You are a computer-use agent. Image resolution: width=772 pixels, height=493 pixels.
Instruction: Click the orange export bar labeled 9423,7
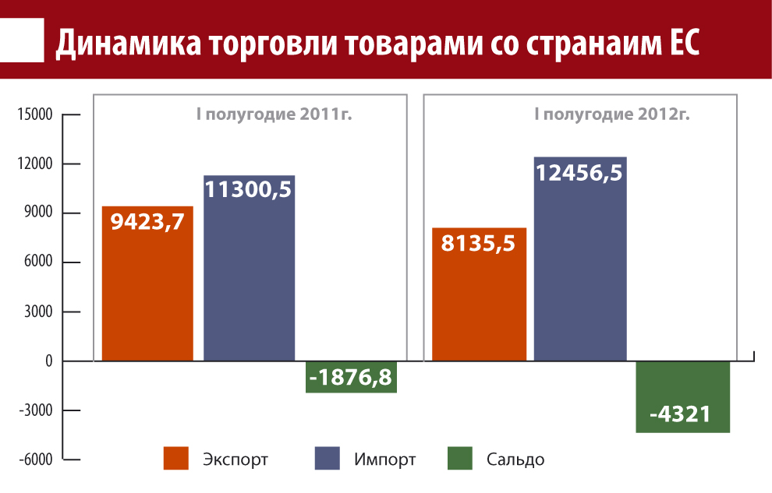(147, 284)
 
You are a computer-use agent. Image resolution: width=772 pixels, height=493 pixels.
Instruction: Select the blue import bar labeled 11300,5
(249, 269)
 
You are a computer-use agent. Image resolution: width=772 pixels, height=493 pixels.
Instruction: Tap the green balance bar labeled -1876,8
(352, 377)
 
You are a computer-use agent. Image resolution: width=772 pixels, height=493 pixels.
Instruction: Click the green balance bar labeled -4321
(682, 397)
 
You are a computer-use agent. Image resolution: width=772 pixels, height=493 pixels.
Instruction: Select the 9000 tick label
(37, 213)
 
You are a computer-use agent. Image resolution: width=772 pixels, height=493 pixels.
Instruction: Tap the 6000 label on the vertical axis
(37, 262)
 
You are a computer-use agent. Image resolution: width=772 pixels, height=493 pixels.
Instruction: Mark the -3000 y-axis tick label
(34, 410)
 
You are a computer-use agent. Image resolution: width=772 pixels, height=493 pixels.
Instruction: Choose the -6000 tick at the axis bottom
(34, 460)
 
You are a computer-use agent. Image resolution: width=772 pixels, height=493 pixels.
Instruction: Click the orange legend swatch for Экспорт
(177, 459)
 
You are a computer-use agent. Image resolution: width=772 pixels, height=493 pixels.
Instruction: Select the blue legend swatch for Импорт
(328, 459)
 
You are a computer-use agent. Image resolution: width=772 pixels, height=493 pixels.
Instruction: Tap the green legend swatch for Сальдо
(460, 459)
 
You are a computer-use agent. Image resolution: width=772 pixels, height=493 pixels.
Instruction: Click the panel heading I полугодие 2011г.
(274, 115)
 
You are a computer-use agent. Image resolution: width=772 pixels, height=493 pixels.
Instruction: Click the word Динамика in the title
(126, 44)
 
